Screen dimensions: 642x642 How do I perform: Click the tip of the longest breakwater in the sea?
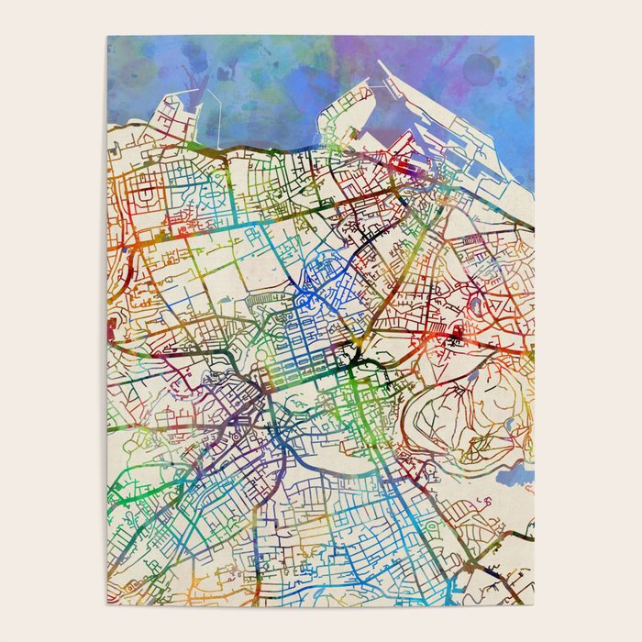click(380, 63)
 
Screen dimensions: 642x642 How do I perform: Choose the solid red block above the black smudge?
click(438, 329)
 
